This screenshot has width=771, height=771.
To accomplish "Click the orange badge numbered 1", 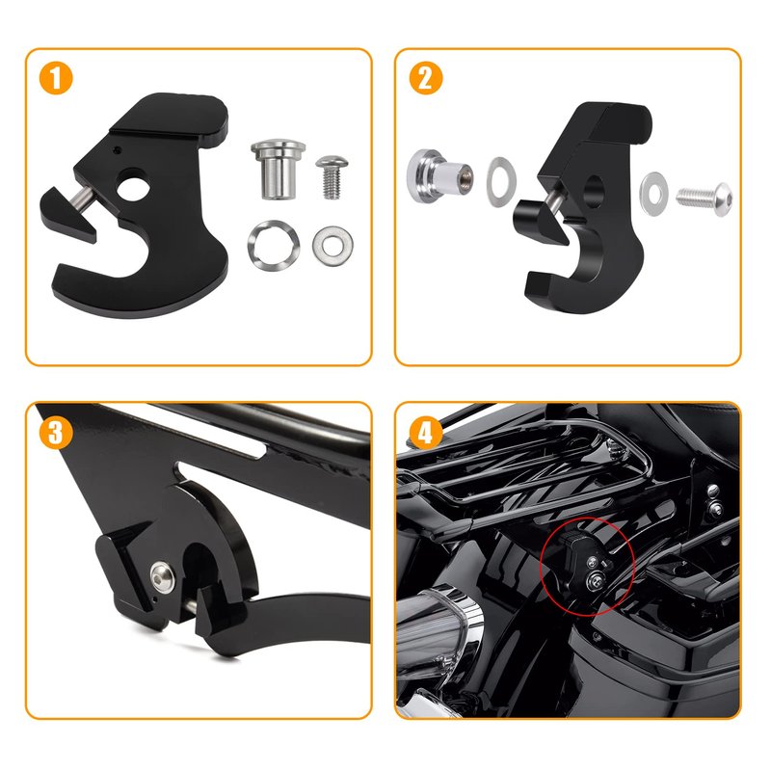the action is pos(56,79).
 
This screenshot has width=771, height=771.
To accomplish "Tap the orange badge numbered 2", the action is pos(426,79).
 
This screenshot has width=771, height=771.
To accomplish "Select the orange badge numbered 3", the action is pos(56,433).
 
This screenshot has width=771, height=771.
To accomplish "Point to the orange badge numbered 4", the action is pos(426,433).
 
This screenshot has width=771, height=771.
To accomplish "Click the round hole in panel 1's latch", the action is pos(133,184).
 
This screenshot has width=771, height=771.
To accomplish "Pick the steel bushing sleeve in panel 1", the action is pos(278,170).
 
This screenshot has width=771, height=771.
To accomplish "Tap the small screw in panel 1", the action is pos(332,177).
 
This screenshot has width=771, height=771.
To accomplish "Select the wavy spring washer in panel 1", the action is pos(274,245).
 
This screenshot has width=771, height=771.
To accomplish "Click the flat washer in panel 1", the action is pos(332,246).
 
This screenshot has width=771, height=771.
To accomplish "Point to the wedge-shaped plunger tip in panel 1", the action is pos(67,215).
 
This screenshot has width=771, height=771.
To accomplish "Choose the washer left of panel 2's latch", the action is pos(501,181).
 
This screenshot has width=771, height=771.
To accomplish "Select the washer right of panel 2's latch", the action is pos(653,194).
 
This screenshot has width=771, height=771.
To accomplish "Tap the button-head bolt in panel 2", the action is pos(705,198).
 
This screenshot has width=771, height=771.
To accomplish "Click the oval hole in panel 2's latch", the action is pos(593,191).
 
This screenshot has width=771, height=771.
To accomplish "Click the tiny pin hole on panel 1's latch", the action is pos(116,148).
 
